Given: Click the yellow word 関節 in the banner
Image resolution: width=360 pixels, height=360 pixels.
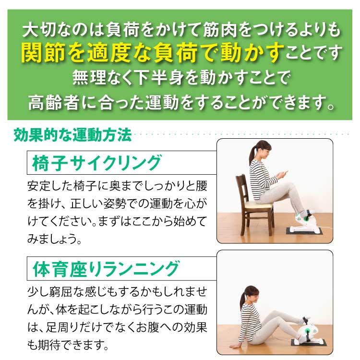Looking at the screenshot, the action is (x=44, y=53).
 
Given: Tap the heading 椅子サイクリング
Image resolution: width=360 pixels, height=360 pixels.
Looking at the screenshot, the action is (x=96, y=163).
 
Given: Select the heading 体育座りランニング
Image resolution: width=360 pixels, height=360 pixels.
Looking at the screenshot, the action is (x=106, y=268).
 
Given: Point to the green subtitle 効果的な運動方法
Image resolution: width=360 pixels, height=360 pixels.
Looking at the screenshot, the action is (x=72, y=135).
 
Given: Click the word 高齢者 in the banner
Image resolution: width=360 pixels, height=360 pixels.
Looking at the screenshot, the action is (x=53, y=102).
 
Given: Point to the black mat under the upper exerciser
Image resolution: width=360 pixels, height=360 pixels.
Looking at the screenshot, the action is (x=304, y=231).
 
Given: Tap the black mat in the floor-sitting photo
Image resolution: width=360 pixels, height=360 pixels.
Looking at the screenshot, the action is (x=309, y=343).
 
